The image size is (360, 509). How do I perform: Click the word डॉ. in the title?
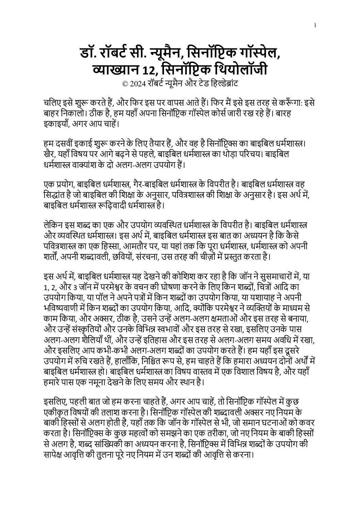click(x=89, y=54)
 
